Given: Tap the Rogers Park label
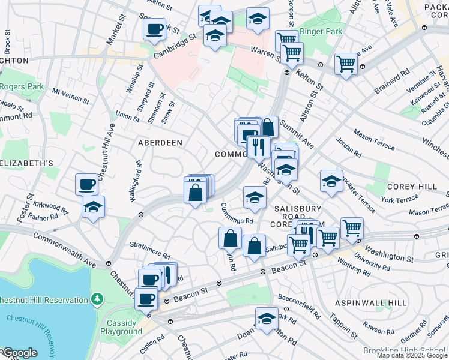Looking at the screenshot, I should point(22,86).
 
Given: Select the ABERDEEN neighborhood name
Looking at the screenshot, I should point(160,143).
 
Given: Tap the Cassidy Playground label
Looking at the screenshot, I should point(121,327).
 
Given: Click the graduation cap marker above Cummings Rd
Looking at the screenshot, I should point(255,197).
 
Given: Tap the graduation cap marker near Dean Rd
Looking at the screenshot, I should point(267,320).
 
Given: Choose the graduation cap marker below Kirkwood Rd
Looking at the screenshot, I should point(93,207).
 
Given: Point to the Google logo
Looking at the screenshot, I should point(19,353).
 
